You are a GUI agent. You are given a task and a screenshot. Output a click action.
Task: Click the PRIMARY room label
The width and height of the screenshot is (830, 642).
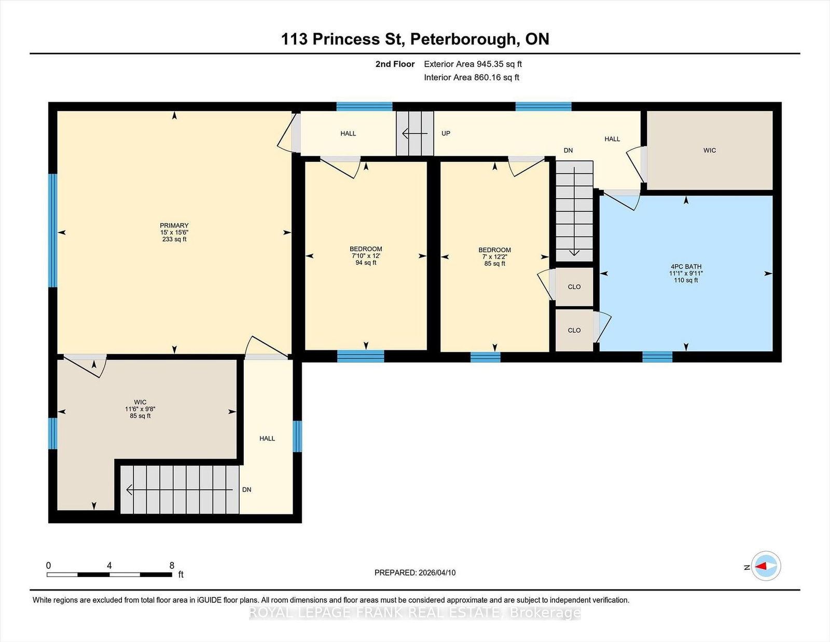pyautogui.click(x=174, y=226)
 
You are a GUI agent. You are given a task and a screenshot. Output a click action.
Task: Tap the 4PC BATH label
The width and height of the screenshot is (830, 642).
pyautogui.click(x=686, y=267)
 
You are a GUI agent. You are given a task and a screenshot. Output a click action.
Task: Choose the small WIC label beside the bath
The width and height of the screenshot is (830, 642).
pyautogui.click(x=709, y=151)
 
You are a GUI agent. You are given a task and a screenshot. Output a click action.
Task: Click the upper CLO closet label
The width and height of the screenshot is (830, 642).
pyautogui.click(x=574, y=287)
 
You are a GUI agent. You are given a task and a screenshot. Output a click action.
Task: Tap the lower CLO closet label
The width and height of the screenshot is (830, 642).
pyautogui.click(x=574, y=331)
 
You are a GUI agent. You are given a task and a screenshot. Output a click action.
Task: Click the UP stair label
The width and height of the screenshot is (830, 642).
pyautogui.click(x=446, y=133)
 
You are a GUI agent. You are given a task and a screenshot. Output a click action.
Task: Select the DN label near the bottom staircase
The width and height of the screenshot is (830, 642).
pyautogui.click(x=246, y=490)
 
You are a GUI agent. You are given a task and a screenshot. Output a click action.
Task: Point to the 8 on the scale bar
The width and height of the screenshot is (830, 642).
pyautogui.click(x=172, y=565)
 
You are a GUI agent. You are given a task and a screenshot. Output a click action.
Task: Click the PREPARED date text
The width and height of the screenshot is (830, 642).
pyautogui.click(x=415, y=573)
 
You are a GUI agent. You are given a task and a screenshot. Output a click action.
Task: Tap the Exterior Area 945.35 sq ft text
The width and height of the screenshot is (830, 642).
pyautogui.click(x=473, y=64)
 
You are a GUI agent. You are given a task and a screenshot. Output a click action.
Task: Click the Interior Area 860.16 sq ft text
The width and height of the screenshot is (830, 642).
pyautogui.click(x=472, y=77)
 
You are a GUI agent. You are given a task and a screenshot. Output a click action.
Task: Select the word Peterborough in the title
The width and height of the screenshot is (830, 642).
pyautogui.click(x=465, y=39)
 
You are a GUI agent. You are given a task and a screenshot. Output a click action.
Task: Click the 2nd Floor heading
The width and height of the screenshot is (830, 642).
pyautogui.click(x=395, y=64)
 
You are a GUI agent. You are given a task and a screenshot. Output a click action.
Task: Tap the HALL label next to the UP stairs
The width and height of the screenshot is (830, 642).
pyautogui.click(x=348, y=134)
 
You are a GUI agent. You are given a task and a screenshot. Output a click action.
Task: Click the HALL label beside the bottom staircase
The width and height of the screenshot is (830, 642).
pyautogui.click(x=267, y=439)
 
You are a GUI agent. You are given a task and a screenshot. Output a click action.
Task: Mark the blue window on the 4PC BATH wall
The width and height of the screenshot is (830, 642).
pyautogui.click(x=657, y=357)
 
